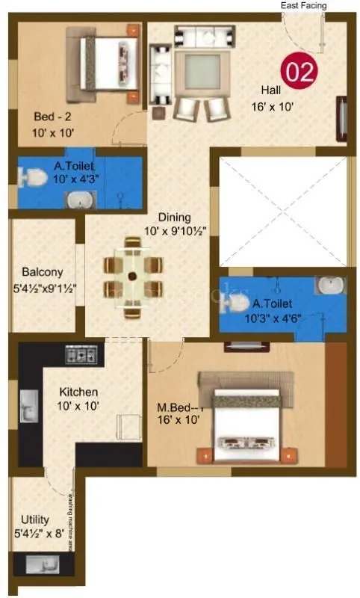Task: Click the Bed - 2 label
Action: click(52, 117)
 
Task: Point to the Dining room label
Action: click(174, 218)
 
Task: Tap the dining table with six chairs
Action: click(133, 276)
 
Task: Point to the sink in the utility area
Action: click(37, 564)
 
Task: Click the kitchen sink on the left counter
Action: click(27, 408)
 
